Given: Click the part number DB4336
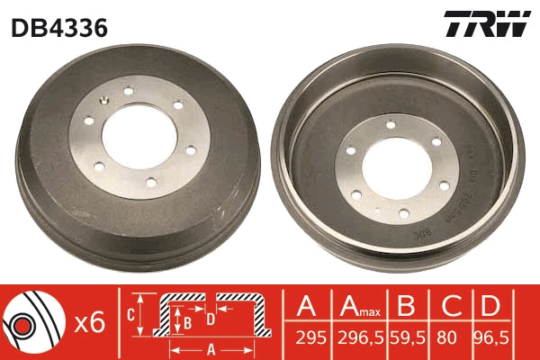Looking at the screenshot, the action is pyautogui.click(x=59, y=28).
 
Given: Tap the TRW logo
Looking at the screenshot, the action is pyautogui.click(x=487, y=23).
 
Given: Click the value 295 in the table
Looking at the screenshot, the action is pyautogui.click(x=310, y=338).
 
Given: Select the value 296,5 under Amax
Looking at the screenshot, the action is pyautogui.click(x=360, y=338).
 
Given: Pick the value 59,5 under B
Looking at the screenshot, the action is pyautogui.click(x=408, y=338).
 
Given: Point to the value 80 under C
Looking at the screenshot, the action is pyautogui.click(x=446, y=338).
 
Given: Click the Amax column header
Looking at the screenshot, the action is pyautogui.click(x=360, y=306).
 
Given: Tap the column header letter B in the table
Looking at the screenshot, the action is pyautogui.click(x=407, y=306).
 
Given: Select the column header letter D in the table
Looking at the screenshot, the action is pyautogui.click(x=490, y=306).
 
